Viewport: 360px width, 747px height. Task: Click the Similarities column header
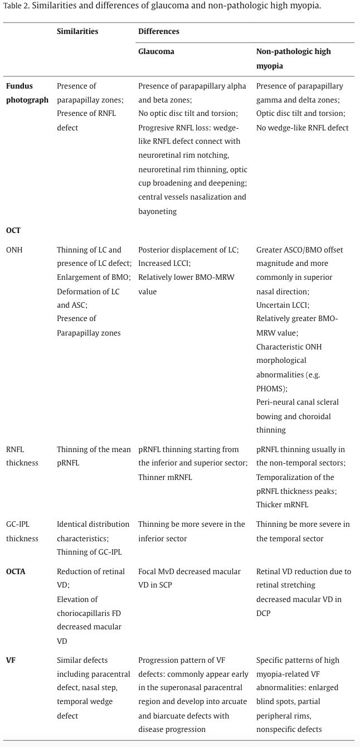[77, 32]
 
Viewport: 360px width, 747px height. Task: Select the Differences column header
[159, 32]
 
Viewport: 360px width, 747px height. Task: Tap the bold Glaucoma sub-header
[156, 51]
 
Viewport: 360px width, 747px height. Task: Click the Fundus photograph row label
[27, 93]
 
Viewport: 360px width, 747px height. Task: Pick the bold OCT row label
[13, 230]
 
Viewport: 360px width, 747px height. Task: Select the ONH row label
[14, 250]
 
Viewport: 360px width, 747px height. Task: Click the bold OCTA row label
[16, 571]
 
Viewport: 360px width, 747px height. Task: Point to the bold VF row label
[11, 660]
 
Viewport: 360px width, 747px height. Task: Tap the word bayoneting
[158, 211]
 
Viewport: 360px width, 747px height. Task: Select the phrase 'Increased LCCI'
[164, 264]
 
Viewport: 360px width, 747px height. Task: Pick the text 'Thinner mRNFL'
[165, 477]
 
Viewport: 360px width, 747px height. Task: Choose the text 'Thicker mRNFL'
[282, 505]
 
